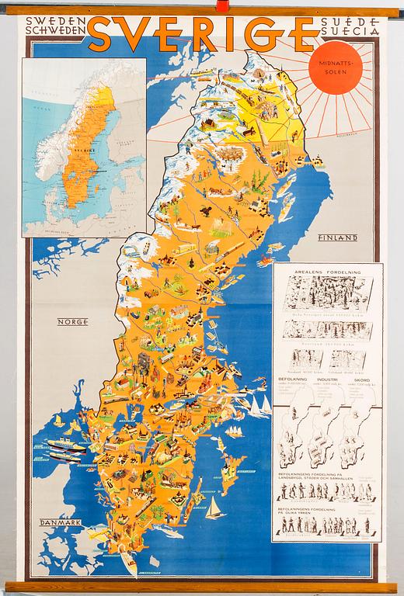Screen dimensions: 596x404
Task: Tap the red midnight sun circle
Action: click(335, 64)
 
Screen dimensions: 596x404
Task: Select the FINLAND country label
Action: click(336, 237)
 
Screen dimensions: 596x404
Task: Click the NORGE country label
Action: click(71, 321)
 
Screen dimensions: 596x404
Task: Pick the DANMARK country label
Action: click(61, 522)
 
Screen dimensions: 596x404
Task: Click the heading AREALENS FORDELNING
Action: click(326, 272)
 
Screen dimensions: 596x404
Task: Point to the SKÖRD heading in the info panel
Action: click(361, 379)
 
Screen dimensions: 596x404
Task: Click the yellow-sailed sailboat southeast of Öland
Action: click(214, 508)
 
